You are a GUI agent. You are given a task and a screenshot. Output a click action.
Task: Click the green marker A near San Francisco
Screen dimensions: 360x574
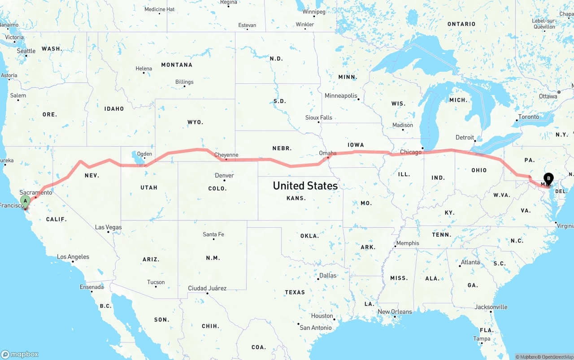click(26, 201)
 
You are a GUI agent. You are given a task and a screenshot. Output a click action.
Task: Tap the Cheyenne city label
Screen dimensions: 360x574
click(226, 155)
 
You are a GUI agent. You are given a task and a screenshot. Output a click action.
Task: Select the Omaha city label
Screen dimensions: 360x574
click(327, 153)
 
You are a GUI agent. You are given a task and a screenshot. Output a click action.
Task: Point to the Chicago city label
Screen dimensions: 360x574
click(410, 152)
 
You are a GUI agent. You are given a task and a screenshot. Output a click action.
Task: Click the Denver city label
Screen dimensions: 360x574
click(224, 175)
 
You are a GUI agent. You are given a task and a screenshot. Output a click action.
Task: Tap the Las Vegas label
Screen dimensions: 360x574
click(108, 227)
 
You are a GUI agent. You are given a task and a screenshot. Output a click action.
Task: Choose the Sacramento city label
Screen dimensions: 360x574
click(35, 192)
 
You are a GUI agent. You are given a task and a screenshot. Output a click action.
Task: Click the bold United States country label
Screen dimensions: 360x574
click(305, 186)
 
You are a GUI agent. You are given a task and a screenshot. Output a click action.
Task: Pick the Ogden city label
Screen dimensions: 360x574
click(144, 154)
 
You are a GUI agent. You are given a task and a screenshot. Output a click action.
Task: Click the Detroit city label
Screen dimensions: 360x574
click(465, 138)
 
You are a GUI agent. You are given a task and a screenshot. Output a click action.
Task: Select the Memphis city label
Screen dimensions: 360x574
click(407, 243)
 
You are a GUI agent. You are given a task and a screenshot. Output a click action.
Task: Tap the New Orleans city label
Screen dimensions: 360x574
click(395, 312)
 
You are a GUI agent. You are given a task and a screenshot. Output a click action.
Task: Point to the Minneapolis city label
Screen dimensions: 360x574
click(341, 96)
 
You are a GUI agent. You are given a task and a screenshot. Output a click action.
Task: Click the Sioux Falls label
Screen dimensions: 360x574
click(318, 117)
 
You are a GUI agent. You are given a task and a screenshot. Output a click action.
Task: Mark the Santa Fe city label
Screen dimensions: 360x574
click(213, 234)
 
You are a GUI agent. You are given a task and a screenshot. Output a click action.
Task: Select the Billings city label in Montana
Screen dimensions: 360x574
click(184, 82)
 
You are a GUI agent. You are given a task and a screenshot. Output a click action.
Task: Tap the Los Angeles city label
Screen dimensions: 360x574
click(73, 257)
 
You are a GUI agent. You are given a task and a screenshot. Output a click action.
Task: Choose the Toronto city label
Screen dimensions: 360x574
click(528, 117)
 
